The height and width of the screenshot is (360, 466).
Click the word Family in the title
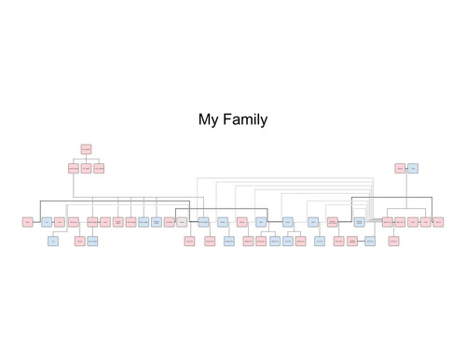click(x=245, y=119)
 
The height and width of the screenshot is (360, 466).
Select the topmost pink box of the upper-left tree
click(x=86, y=149)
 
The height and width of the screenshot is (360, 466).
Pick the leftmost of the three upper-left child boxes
click(x=74, y=169)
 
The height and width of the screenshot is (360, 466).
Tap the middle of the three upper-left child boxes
click(x=86, y=169)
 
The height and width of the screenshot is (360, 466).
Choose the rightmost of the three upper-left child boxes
click(x=98, y=169)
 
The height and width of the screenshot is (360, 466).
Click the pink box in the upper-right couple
click(x=400, y=169)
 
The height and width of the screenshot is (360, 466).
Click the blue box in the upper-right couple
click(x=413, y=169)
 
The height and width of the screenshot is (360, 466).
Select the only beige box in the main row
click(x=182, y=222)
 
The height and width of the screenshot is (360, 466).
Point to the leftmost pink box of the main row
click(x=28, y=222)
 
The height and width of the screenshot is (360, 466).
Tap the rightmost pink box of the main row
click(x=438, y=222)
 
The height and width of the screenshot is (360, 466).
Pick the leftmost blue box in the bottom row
click(x=53, y=241)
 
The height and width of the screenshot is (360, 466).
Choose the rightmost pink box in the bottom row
click(x=394, y=241)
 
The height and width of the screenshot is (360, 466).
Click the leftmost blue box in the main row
click(x=47, y=222)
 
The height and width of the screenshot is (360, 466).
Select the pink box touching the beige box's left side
click(x=170, y=222)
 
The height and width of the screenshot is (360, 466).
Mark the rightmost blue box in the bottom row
click(x=370, y=241)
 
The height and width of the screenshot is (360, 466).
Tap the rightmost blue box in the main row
click(x=359, y=222)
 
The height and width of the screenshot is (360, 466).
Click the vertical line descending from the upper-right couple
click(x=406, y=191)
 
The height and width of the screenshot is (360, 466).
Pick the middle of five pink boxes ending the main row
click(x=413, y=222)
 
